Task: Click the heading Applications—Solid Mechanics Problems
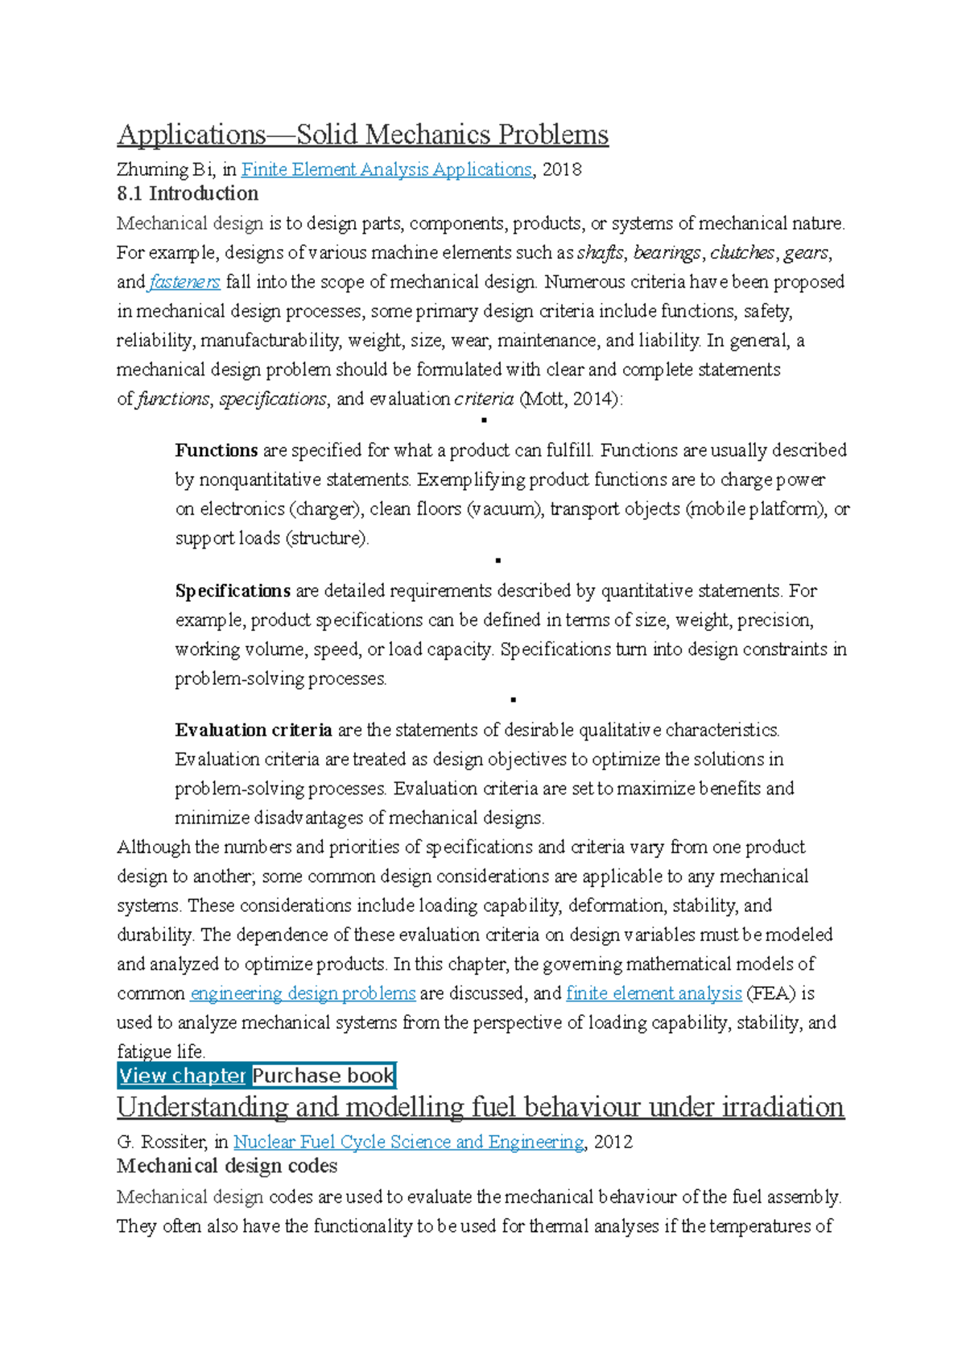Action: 362,135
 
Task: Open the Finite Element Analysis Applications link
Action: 386,170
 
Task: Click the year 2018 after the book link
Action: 562,170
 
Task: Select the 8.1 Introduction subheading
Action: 188,193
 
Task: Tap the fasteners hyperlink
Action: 184,282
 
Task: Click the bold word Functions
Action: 217,450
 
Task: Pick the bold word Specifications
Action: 233,591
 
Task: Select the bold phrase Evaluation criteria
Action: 254,730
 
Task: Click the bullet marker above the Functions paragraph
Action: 484,421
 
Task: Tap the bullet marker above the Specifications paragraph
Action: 498,560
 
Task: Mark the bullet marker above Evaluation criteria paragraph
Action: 513,700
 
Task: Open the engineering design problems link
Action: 303,993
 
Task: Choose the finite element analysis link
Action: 654,993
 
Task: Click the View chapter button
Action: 183,1076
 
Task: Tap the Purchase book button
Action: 323,1076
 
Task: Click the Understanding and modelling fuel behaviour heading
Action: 481,1107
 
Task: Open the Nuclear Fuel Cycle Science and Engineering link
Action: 408,1142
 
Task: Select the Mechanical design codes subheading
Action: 227,1166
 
